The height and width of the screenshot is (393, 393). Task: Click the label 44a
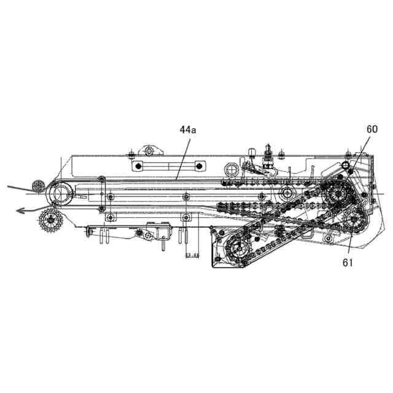pyautogui.click(x=185, y=130)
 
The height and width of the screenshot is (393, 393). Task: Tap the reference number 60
pyautogui.click(x=372, y=129)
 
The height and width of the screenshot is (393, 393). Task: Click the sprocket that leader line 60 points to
pyautogui.click(x=337, y=196)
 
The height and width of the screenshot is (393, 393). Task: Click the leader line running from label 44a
pyautogui.click(x=182, y=157)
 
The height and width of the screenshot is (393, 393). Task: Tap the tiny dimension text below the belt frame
pyautogui.click(x=191, y=254)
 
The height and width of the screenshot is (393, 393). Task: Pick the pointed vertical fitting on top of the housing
pyautogui.click(x=268, y=153)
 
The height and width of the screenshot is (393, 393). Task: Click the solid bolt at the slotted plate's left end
pyautogui.click(x=139, y=166)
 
